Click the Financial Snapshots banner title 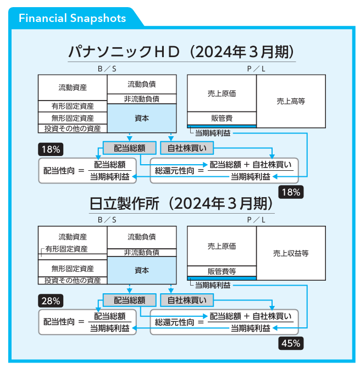(72, 18)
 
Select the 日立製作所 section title (181, 204)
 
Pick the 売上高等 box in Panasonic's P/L (291, 101)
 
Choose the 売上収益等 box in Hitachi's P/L (291, 253)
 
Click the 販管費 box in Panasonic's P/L (221, 118)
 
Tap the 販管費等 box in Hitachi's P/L (221, 271)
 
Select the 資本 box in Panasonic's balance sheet (142, 118)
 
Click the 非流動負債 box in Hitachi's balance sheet (142, 253)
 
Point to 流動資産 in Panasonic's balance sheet (73, 87)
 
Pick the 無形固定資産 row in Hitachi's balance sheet (73, 269)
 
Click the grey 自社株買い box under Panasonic (186, 148)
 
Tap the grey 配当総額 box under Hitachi (130, 300)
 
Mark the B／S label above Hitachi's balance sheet (107, 220)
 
